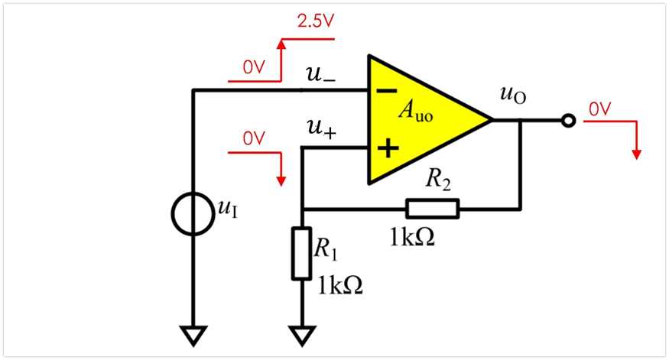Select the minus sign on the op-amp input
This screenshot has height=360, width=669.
point(388,90)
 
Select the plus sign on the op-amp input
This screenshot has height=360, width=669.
point(389,148)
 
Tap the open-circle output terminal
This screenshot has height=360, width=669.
point(567,120)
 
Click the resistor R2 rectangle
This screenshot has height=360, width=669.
point(433,208)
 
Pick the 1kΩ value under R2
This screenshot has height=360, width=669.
point(413,237)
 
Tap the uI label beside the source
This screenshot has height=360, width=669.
point(228,209)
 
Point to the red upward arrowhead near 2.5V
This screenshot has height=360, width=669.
point(281,47)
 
